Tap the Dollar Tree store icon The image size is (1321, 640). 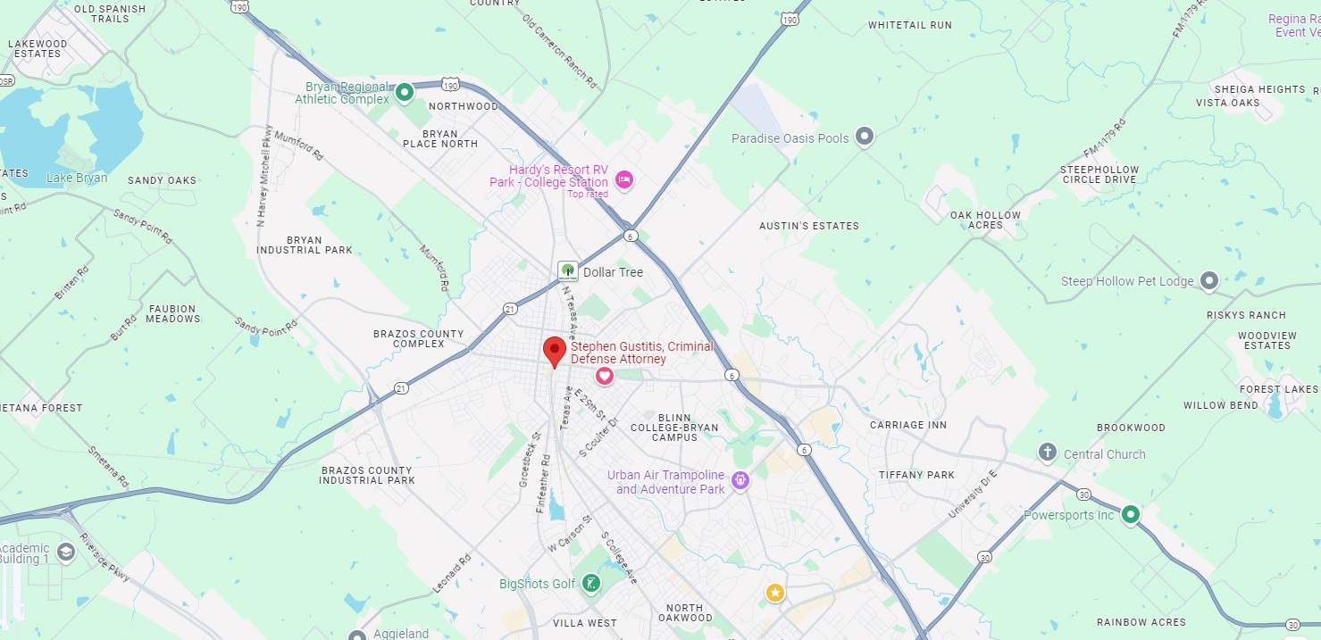tap(567, 271)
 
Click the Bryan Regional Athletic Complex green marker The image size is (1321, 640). tap(405, 91)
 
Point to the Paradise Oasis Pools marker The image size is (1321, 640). tap(864, 137)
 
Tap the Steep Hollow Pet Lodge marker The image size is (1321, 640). tap(1209, 281)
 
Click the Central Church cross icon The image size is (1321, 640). tap(1048, 453)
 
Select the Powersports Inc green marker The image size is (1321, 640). tap(1131, 514)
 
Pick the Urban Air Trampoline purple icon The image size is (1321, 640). tap(740, 482)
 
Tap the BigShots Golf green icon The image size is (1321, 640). tap(590, 585)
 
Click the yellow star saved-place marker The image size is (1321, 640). tap(774, 592)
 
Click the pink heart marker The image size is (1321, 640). tap(605, 376)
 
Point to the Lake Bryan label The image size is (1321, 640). tap(77, 178)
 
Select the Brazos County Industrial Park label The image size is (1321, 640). tap(367, 475)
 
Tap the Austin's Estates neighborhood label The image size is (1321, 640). tap(808, 226)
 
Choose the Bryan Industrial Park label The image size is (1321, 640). tap(305, 245)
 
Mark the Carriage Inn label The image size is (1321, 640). tap(908, 425)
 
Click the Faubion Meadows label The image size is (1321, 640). tap(173, 313)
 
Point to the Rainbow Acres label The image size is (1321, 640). tap(1141, 622)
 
